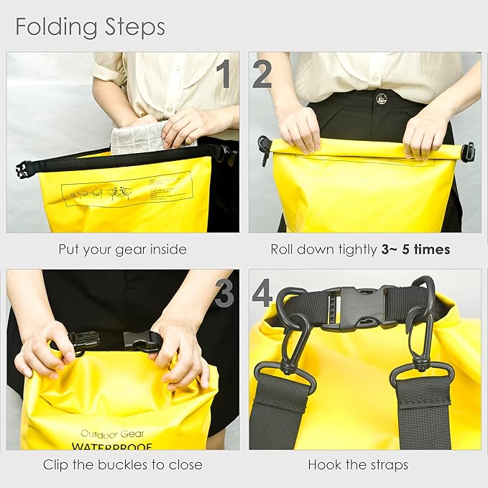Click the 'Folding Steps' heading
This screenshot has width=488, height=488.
[90, 27]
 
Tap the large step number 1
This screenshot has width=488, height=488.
[225, 74]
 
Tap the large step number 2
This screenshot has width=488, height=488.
[262, 74]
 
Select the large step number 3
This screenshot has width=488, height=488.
[225, 292]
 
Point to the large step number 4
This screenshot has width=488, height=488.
[263, 292]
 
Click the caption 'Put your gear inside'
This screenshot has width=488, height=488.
[122, 250]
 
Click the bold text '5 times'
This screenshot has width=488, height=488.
[421, 250]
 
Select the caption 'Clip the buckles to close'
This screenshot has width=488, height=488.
[122, 464]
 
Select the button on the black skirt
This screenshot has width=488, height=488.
[381, 98]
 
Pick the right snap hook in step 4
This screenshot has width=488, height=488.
[420, 338]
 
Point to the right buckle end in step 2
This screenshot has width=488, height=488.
[468, 152]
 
